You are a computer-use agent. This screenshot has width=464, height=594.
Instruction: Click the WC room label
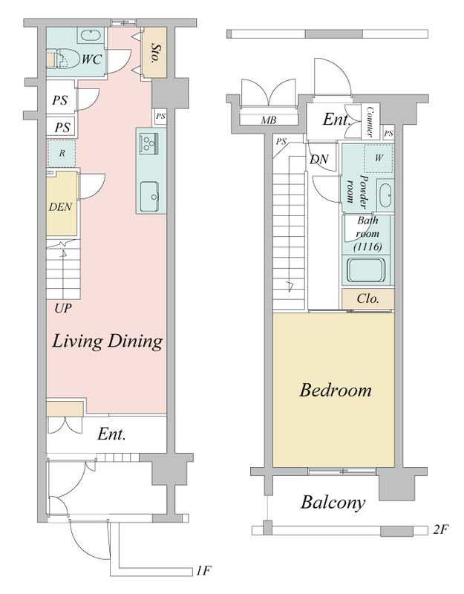[91, 59]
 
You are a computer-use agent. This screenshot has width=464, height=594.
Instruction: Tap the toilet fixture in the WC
[62, 59]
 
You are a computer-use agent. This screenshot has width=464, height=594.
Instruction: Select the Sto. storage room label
[155, 53]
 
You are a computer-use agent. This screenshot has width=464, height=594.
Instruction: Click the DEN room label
[61, 207]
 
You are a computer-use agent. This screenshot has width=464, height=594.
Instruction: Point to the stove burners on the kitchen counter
[148, 143]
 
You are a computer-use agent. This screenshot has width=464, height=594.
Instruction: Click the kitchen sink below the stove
[150, 197]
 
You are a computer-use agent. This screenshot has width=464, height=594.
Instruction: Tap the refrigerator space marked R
[62, 154]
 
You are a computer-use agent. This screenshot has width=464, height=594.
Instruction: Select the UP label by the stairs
[63, 308]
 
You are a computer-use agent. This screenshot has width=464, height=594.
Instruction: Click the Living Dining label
[108, 341]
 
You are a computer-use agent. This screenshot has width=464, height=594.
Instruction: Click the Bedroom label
[336, 391]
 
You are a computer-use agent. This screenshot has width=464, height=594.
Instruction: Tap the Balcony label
[333, 503]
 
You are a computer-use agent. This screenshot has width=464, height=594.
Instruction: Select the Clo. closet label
[367, 299]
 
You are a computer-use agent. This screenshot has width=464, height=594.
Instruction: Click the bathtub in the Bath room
[367, 271]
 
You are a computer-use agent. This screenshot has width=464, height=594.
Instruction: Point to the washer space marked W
[379, 158]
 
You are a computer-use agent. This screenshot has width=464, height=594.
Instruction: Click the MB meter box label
[269, 120]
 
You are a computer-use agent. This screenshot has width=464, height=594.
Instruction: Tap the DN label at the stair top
[319, 160]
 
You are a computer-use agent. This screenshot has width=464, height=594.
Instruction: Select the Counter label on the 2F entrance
[369, 121]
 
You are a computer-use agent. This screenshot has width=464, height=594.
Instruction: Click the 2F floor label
[440, 529]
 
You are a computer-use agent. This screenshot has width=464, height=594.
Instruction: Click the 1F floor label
[203, 570]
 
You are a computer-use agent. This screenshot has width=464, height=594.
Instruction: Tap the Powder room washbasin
[385, 195]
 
